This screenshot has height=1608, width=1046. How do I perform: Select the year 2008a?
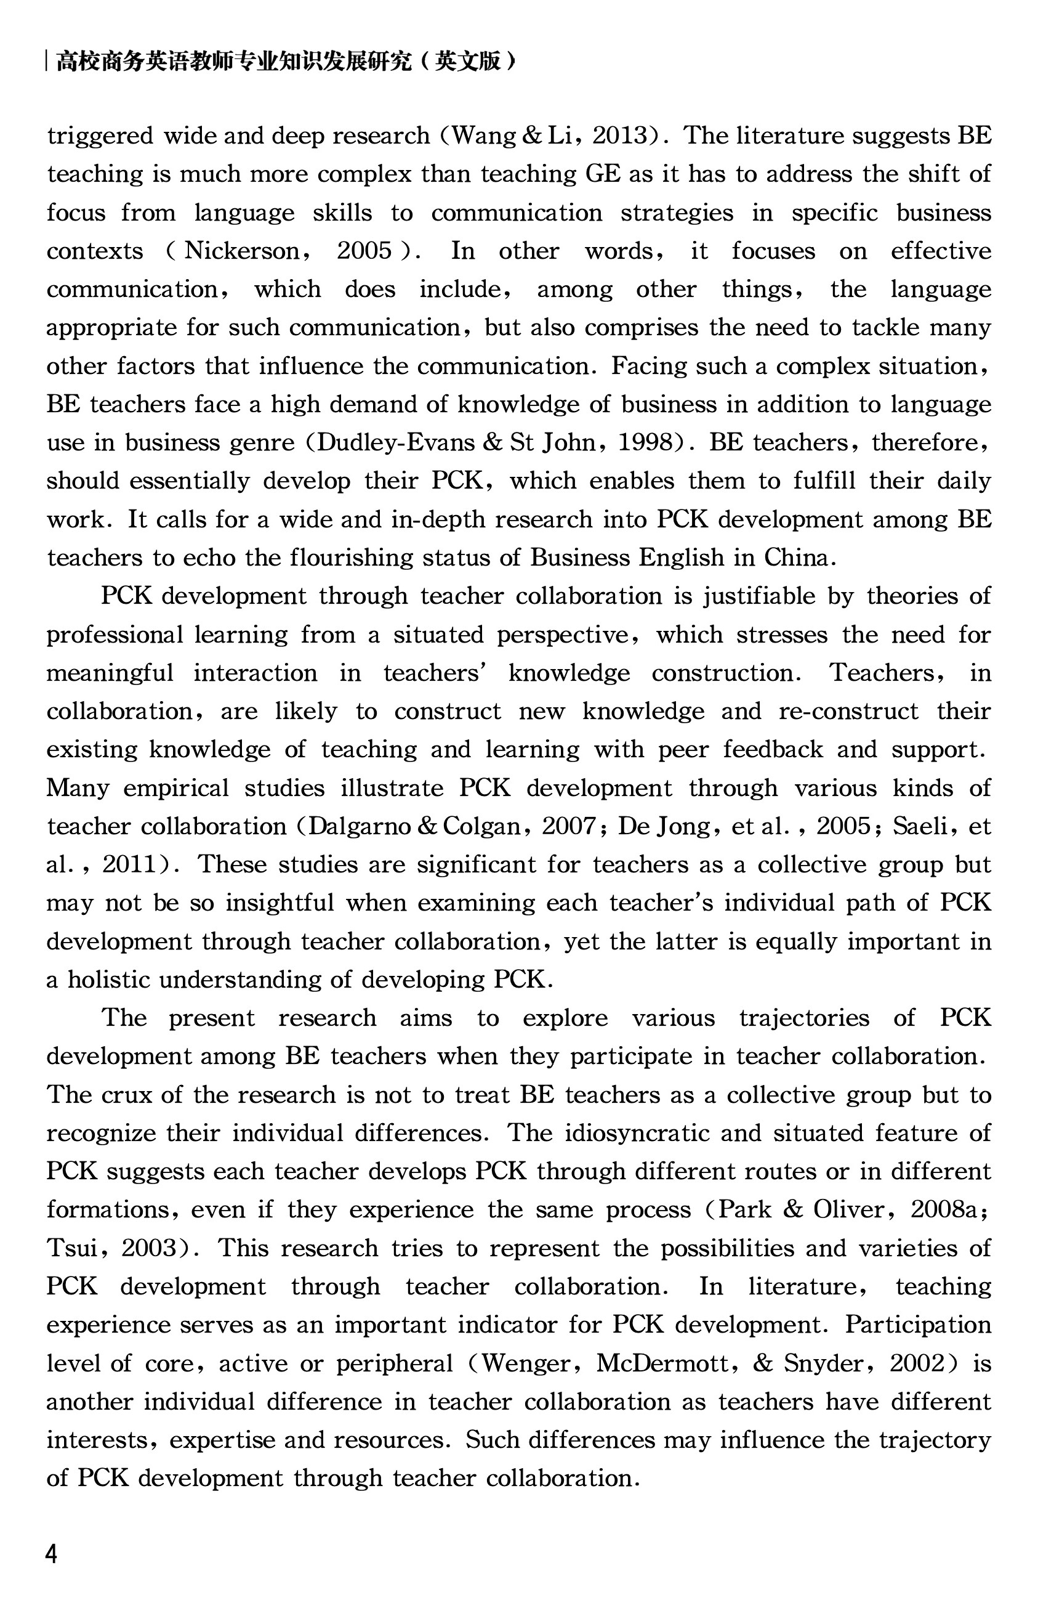pos(946,1209)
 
